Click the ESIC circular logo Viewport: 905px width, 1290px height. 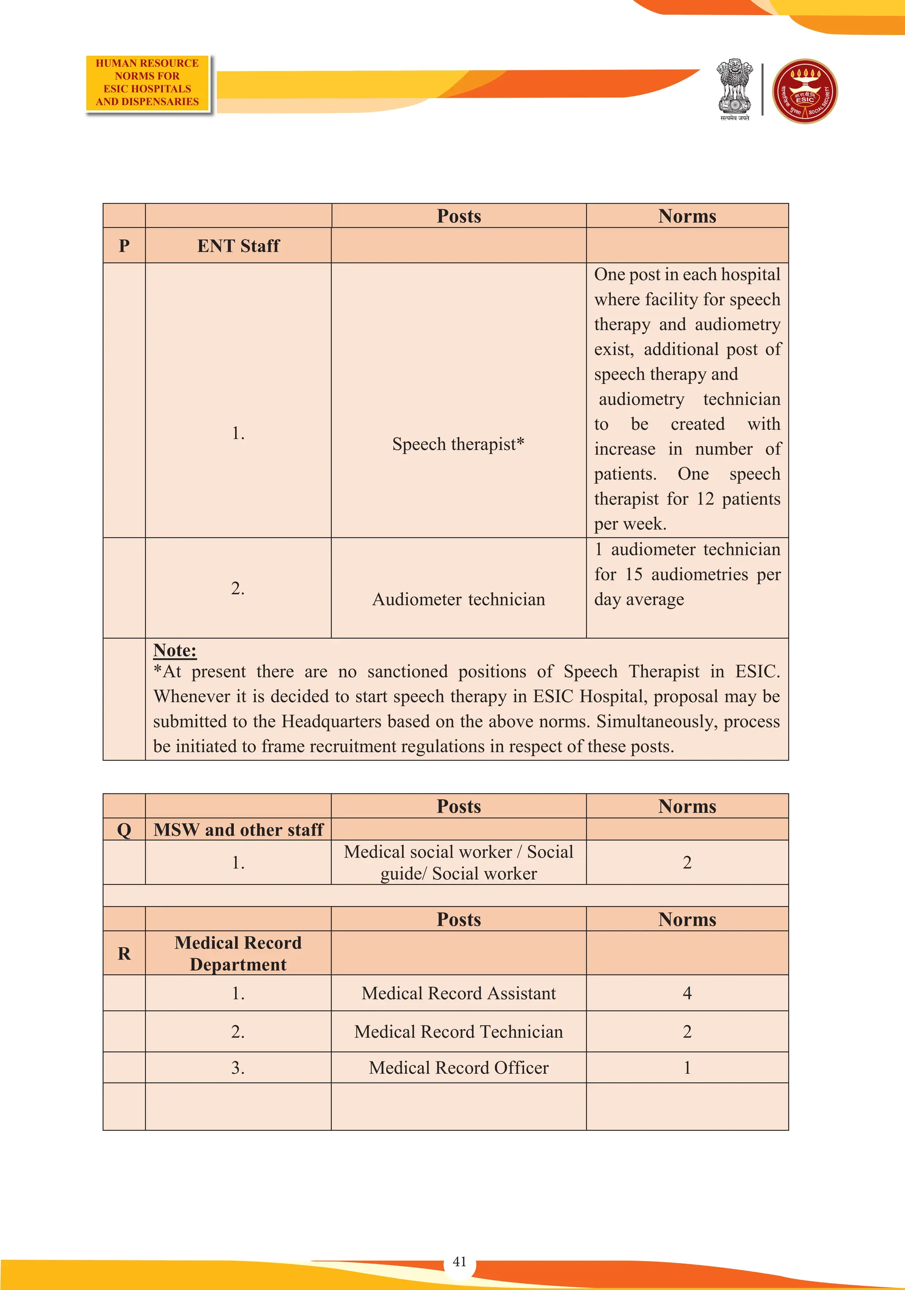(805, 91)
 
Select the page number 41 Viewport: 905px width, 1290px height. (459, 1261)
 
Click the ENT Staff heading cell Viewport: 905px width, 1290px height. (238, 245)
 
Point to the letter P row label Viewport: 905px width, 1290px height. (124, 245)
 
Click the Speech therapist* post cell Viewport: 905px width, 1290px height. (458, 444)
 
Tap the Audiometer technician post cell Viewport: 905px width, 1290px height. (458, 599)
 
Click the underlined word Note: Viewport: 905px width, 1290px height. (175, 650)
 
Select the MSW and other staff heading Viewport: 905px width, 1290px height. (238, 829)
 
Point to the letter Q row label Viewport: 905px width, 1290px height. (124, 829)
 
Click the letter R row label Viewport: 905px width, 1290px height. (124, 953)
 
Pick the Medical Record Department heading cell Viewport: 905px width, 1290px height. (238, 953)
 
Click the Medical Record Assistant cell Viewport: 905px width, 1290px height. (458, 993)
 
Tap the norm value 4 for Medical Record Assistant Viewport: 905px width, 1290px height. (687, 993)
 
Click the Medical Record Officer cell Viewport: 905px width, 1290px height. (458, 1067)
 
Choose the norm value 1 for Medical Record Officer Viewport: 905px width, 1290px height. (687, 1067)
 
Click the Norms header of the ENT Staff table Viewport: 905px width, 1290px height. (687, 216)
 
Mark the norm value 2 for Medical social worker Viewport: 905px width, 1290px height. (687, 862)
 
